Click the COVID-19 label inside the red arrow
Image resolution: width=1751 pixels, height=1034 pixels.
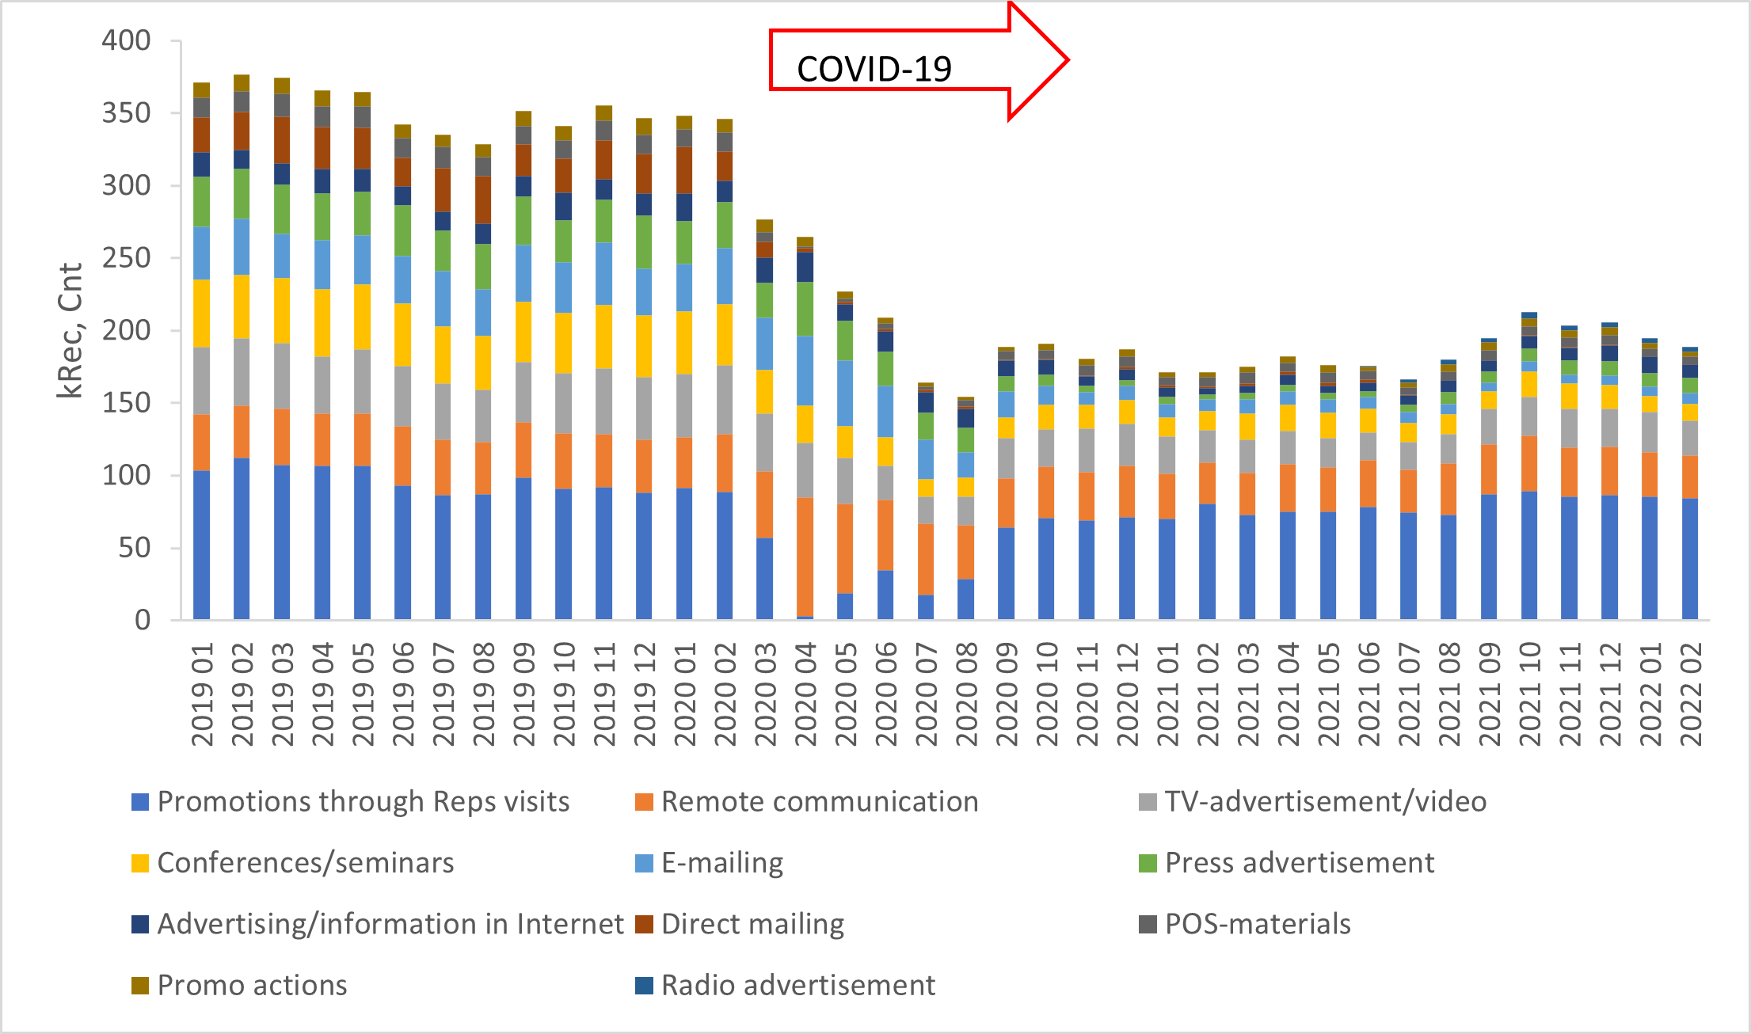[874, 70]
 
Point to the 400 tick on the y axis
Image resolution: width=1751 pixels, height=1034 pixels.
[126, 40]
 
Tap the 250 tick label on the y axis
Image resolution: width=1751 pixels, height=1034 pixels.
[126, 258]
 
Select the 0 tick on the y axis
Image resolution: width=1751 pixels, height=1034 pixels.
[143, 620]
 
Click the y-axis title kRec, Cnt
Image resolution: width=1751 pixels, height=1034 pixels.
[70, 330]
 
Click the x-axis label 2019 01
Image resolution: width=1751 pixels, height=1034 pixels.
[203, 694]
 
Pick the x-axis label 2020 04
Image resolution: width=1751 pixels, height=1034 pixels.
[805, 694]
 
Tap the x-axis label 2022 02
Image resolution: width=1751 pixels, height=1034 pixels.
[1691, 694]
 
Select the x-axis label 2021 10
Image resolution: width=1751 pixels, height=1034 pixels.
[1530, 694]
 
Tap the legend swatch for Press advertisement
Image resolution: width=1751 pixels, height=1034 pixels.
[1148, 863]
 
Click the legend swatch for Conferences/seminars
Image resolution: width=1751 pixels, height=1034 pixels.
[140, 863]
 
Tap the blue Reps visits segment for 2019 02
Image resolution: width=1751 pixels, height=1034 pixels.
[242, 538]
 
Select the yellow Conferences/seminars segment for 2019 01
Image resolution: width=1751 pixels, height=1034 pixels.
[202, 314]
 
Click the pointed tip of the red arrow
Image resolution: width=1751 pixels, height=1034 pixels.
[1068, 59]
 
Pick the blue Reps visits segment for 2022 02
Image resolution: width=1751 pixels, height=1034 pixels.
[1690, 558]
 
